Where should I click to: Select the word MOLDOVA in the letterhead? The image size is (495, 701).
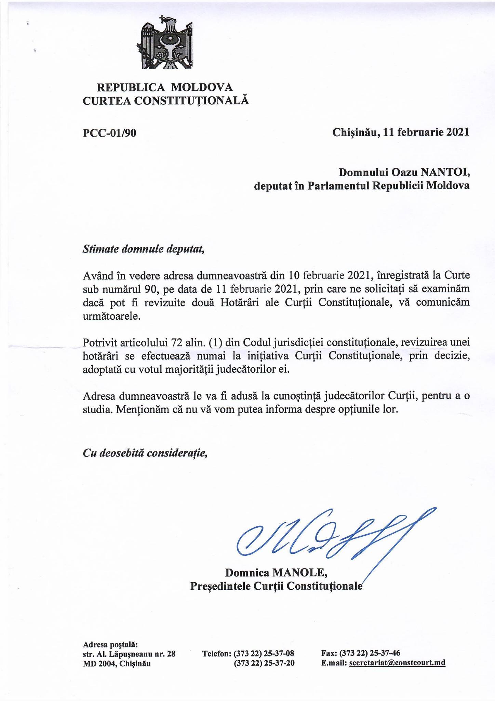(x=202, y=87)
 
